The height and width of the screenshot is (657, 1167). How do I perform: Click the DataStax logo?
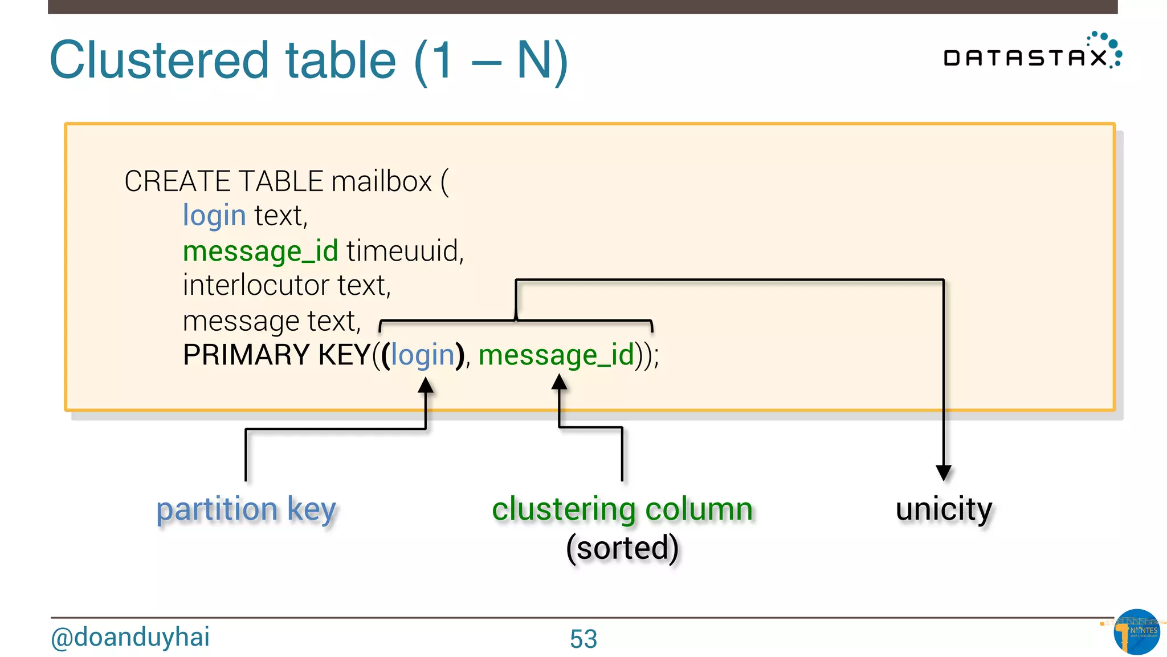(1031, 54)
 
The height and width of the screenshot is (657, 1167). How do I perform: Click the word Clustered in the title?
(160, 60)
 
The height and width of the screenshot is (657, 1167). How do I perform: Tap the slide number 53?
(583, 639)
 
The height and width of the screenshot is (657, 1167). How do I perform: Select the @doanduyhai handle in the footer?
(130, 637)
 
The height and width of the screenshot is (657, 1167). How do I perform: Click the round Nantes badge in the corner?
(1136, 632)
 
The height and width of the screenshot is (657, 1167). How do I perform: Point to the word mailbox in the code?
(382, 181)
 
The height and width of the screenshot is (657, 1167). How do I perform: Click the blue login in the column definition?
(214, 216)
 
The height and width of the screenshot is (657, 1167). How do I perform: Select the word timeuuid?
(405, 251)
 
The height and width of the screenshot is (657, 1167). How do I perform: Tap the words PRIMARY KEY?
(277, 355)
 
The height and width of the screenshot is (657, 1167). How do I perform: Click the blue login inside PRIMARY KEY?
(422, 355)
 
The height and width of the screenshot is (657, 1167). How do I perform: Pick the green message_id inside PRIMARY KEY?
(556, 355)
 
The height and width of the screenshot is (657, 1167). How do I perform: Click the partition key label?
(246, 509)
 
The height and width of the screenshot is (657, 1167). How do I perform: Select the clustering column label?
(622, 509)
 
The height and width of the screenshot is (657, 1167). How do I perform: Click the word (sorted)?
(622, 547)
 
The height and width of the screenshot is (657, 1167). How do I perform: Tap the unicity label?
(944, 509)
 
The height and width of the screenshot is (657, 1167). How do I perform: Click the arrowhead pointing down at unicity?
(944, 473)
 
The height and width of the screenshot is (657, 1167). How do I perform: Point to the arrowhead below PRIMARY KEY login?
(426, 386)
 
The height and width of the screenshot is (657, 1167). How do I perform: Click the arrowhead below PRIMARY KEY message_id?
(560, 382)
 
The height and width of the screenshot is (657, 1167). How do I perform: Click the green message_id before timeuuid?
(260, 251)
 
